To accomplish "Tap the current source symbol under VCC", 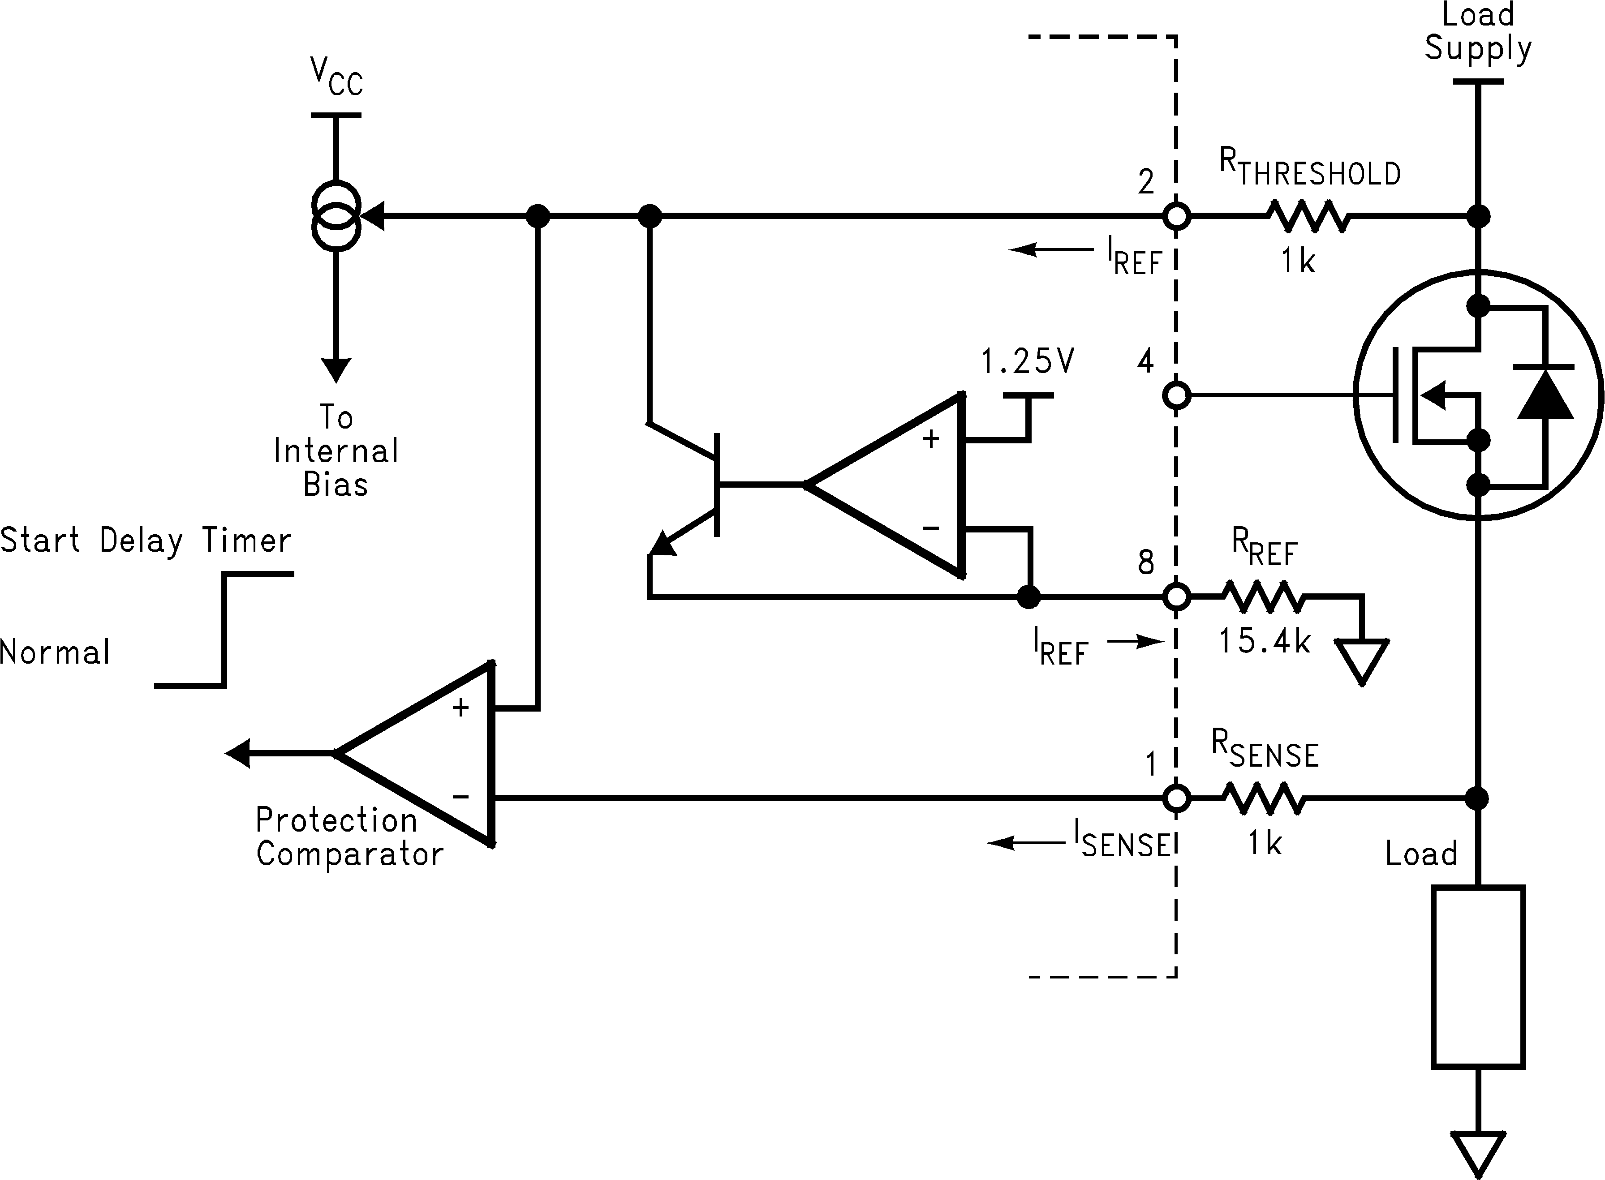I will (336, 216).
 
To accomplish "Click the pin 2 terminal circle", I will (1176, 216).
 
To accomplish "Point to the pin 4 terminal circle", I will (1176, 395).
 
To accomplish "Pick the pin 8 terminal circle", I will (1176, 596).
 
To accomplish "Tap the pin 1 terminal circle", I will (1176, 798).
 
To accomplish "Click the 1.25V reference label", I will (1027, 362).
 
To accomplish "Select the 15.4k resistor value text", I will (1264, 641).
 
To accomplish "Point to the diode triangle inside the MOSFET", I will (1544, 395).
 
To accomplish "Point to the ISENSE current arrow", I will (1024, 843).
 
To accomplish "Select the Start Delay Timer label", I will (146, 540).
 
